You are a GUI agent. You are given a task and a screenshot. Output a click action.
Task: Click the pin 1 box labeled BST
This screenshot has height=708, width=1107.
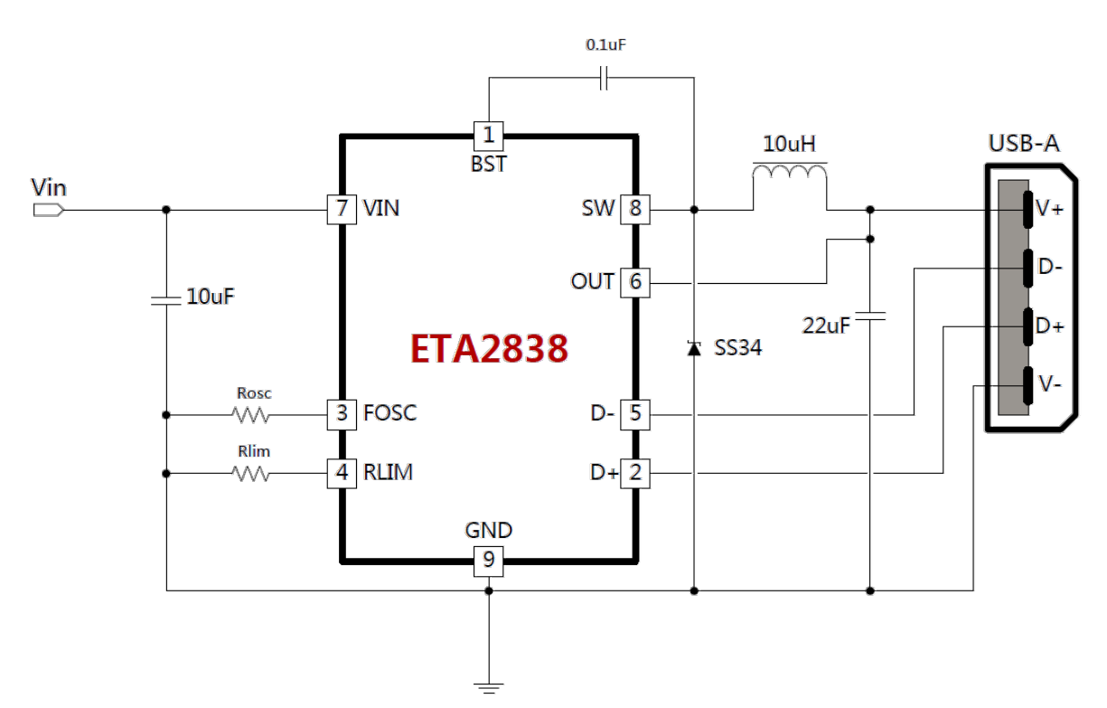click(x=488, y=136)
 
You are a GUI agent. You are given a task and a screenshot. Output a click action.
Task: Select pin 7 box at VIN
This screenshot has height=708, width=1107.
click(x=342, y=210)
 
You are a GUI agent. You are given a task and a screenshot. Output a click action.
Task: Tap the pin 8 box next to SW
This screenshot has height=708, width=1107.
click(x=635, y=210)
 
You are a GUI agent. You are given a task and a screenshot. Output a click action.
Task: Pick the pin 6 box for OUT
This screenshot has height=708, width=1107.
click(x=635, y=283)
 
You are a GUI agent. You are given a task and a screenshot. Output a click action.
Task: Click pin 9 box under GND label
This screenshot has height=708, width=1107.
click(x=488, y=562)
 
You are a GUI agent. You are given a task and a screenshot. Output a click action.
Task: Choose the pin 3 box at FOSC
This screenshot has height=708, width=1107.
click(x=342, y=414)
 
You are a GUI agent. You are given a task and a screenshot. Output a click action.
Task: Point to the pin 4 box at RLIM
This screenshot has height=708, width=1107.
click(x=342, y=473)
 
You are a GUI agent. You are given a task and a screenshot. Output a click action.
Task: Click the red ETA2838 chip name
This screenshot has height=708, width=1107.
click(x=489, y=349)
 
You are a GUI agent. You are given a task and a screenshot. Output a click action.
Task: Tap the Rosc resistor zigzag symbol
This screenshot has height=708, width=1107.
click(x=251, y=415)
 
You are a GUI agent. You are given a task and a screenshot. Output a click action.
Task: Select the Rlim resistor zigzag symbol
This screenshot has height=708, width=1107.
click(x=251, y=474)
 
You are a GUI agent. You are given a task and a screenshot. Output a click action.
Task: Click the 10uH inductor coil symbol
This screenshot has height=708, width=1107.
click(x=790, y=172)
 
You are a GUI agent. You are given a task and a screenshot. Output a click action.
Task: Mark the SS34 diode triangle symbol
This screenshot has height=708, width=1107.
click(x=694, y=348)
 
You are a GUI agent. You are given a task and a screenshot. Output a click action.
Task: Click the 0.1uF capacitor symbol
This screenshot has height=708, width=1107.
click(x=604, y=78)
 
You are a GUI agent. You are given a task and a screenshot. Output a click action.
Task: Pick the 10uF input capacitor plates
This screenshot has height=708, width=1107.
click(x=166, y=300)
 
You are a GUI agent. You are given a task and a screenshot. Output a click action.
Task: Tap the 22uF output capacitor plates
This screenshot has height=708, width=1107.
click(x=870, y=316)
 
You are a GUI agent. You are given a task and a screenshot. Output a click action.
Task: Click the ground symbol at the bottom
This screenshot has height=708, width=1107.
click(x=489, y=688)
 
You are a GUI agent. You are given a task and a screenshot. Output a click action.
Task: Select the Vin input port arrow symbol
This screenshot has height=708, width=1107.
click(x=49, y=210)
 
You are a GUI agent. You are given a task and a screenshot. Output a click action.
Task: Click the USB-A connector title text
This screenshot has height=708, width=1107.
click(x=1024, y=144)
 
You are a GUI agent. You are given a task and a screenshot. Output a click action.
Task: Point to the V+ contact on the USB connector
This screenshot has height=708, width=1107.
click(x=1028, y=210)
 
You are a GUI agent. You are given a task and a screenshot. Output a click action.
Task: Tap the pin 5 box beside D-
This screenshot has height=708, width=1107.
click(x=635, y=414)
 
